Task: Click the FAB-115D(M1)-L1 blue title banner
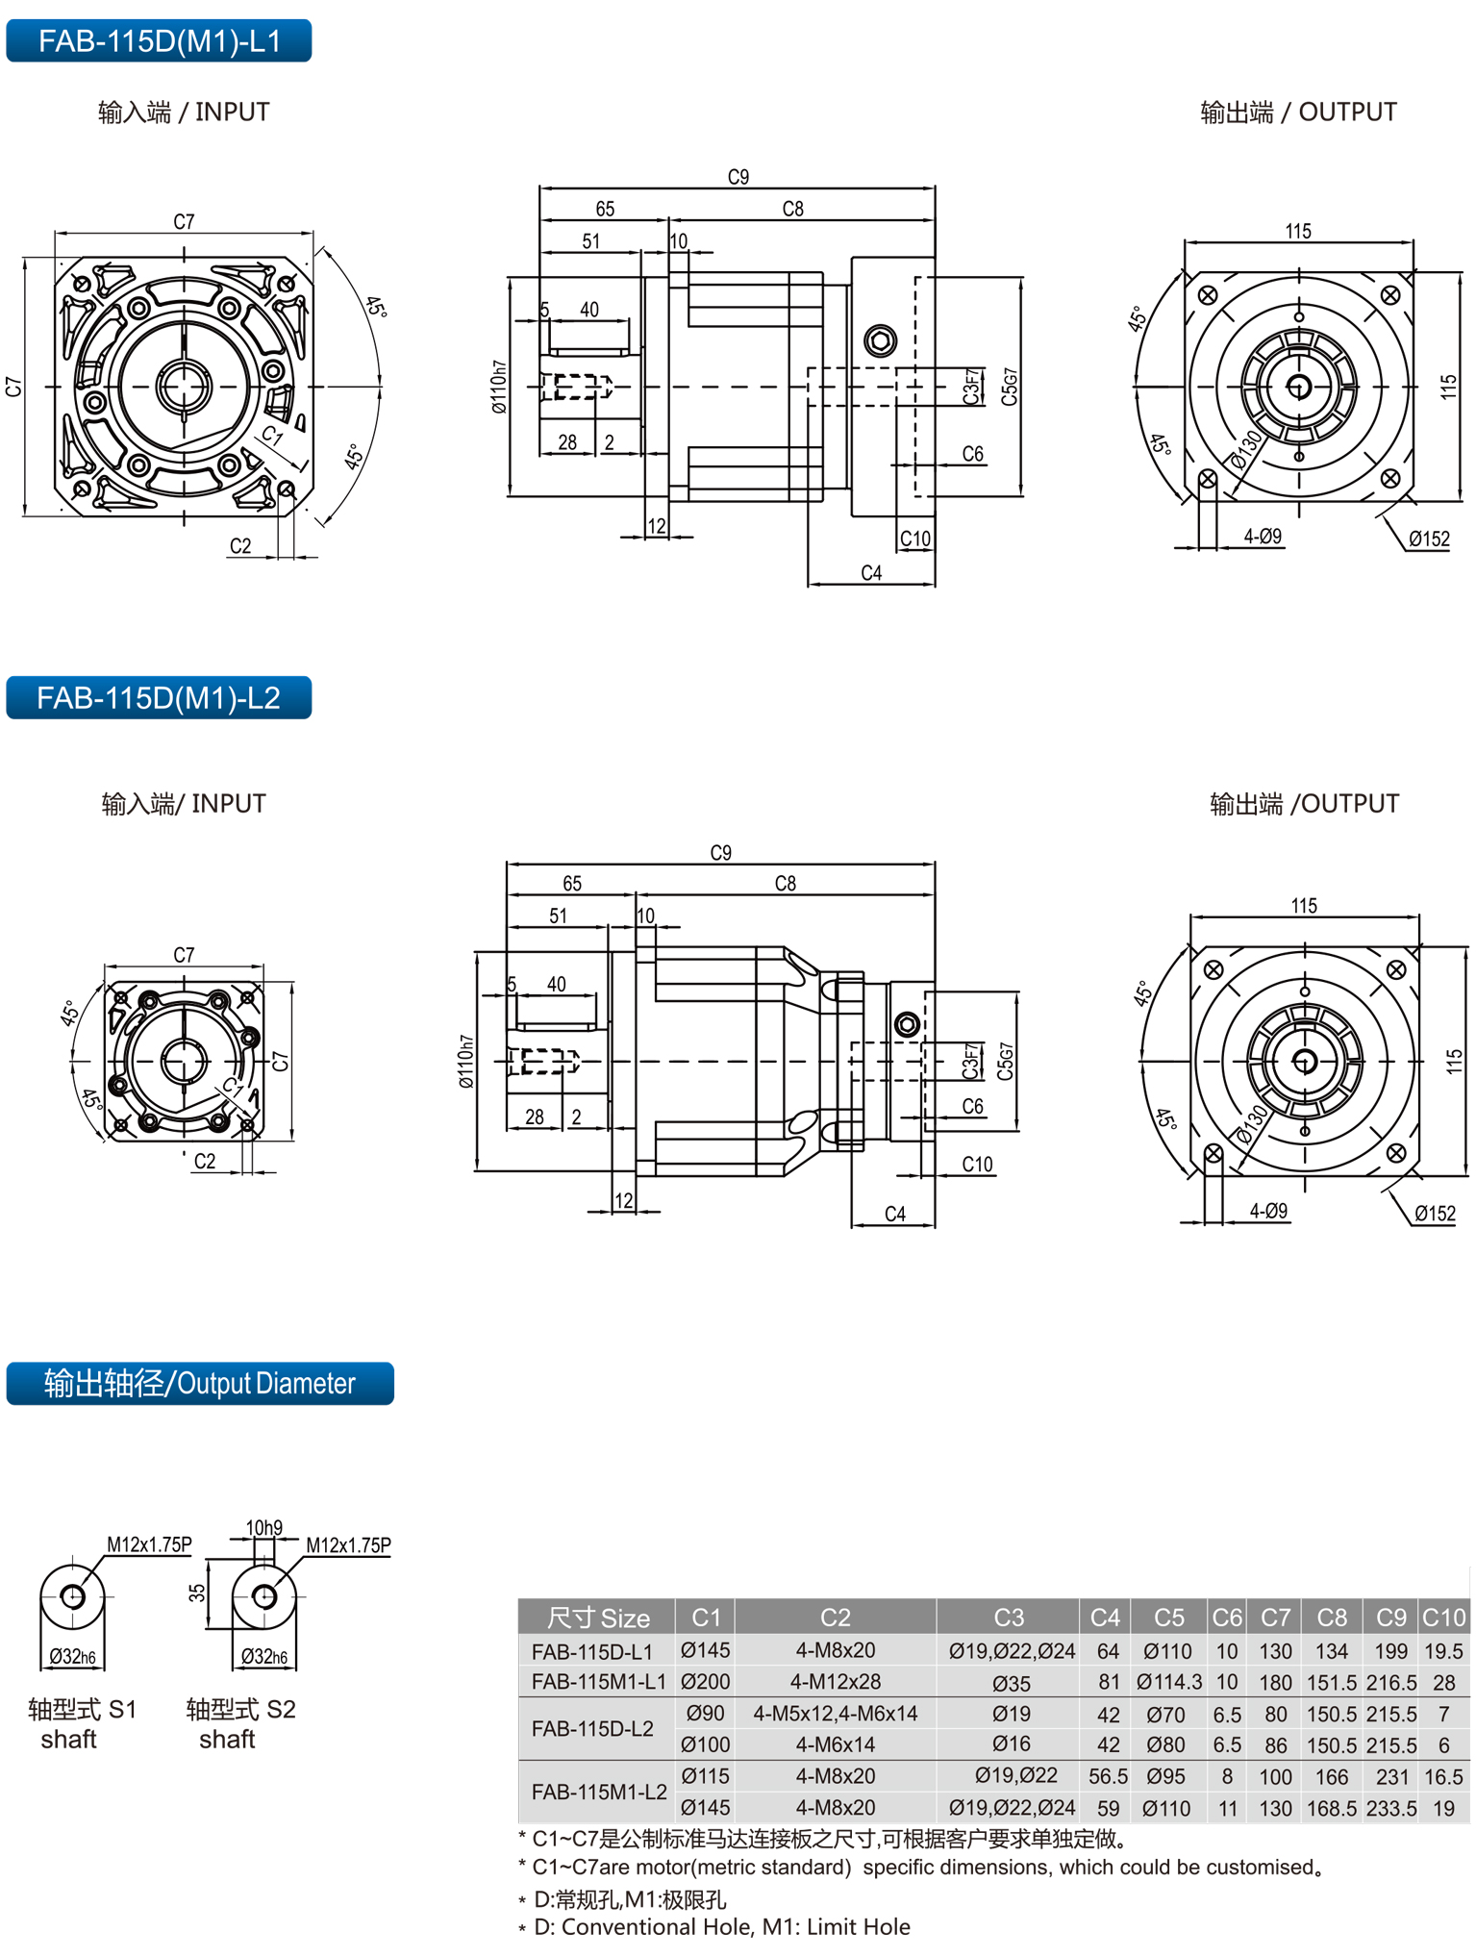click(x=159, y=41)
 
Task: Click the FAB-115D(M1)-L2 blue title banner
click(x=159, y=697)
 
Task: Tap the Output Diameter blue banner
click(x=200, y=1383)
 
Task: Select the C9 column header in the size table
click(x=1390, y=1618)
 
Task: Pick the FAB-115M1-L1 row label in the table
click(x=598, y=1682)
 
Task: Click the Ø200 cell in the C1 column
click(x=705, y=1682)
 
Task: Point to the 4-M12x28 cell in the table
click(x=835, y=1682)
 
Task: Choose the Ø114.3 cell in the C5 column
click(x=1168, y=1682)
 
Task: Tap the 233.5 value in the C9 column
click(x=1390, y=1809)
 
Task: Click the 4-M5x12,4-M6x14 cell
click(x=835, y=1714)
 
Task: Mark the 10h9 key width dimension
click(x=263, y=1528)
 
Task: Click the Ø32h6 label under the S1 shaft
click(x=72, y=1657)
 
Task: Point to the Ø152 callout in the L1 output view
click(x=1429, y=539)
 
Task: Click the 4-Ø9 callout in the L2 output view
click(x=1268, y=1212)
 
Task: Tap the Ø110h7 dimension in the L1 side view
click(x=498, y=388)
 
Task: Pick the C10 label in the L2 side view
click(x=977, y=1165)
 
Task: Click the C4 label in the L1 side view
click(x=871, y=573)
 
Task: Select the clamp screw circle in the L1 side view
click(x=880, y=339)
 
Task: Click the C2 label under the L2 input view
click(x=205, y=1162)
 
